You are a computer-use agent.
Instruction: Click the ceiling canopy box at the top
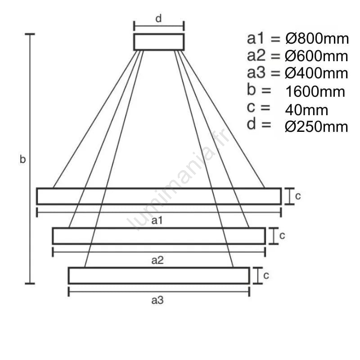[159, 42]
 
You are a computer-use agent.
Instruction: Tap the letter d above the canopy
[158, 18]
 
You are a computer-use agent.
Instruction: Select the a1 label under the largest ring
[157, 220]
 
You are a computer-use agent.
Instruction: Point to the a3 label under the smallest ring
[157, 301]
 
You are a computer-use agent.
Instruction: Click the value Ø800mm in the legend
[317, 39]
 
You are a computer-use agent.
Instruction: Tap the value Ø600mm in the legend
[316, 56]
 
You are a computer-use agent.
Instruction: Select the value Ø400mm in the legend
[316, 73]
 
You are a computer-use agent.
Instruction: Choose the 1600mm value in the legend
[315, 92]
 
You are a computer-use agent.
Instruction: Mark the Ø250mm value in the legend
[316, 127]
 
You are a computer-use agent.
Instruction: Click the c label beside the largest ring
[297, 196]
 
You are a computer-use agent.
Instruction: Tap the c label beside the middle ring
[282, 235]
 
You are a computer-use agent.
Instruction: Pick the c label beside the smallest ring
[266, 275]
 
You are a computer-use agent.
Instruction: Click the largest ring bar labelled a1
[158, 196]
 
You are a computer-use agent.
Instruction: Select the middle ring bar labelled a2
[158, 236]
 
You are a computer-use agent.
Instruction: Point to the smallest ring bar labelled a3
[158, 275]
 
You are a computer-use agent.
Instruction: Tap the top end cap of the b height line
[30, 34]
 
